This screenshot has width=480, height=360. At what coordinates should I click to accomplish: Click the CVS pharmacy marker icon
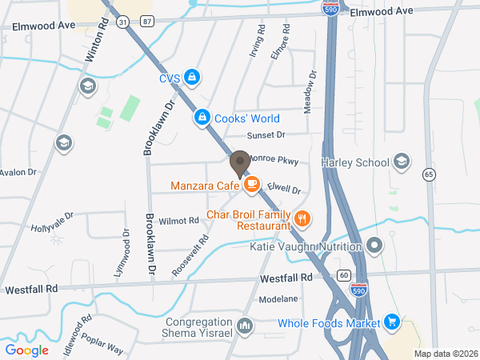[x=191, y=78]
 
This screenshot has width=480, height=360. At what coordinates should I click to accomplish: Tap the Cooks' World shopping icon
[x=202, y=118]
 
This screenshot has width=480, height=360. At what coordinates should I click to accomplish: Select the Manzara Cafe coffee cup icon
[x=251, y=186]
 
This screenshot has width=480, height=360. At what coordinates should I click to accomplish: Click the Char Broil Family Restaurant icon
[x=302, y=218]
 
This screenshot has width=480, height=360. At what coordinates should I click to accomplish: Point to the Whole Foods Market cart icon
[x=391, y=322]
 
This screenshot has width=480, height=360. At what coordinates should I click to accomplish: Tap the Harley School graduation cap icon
[x=402, y=162]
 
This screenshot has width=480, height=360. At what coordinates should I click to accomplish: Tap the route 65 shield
[x=430, y=174]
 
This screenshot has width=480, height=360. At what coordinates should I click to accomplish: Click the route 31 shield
[x=122, y=23]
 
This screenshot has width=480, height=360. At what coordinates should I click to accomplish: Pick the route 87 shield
[x=146, y=23]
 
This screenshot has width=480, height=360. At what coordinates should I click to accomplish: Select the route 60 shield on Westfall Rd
[x=344, y=275]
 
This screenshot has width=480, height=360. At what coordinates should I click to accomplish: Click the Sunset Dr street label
[x=266, y=135]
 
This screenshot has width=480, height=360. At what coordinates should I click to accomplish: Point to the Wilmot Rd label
[x=178, y=220]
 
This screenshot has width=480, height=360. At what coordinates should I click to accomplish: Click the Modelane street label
[x=278, y=298]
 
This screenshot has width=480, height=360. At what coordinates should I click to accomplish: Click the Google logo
[x=27, y=350]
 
